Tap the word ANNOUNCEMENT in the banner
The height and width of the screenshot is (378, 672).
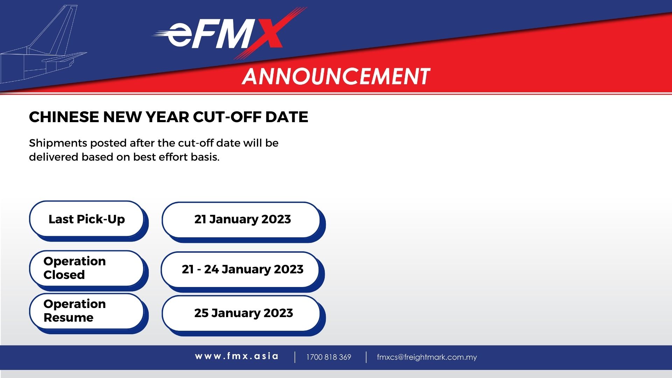click(336, 76)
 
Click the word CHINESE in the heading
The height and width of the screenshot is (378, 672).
click(64, 117)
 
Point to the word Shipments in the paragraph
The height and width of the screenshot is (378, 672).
click(58, 143)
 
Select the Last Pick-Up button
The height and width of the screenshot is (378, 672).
click(86, 219)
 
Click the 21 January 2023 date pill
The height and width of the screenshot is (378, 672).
click(242, 219)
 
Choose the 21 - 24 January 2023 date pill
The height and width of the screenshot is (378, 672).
click(242, 269)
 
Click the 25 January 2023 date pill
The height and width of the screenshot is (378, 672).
click(243, 313)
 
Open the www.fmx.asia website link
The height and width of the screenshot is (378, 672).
click(237, 356)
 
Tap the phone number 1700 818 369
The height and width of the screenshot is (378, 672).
click(328, 357)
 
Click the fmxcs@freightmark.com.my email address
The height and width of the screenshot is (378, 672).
click(427, 357)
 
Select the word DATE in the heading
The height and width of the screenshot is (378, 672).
click(287, 117)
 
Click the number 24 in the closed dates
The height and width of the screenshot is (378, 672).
click(211, 269)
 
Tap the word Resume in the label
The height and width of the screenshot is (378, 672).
click(69, 318)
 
